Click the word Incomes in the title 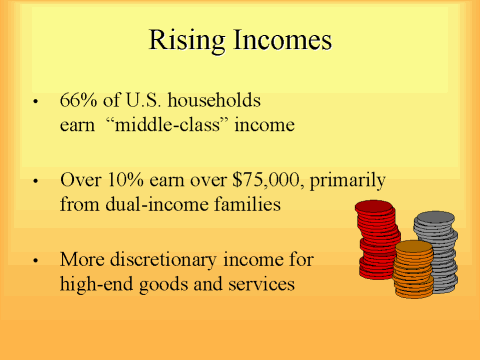point(281,42)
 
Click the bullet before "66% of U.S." point(37,104)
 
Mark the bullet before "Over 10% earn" point(37,183)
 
